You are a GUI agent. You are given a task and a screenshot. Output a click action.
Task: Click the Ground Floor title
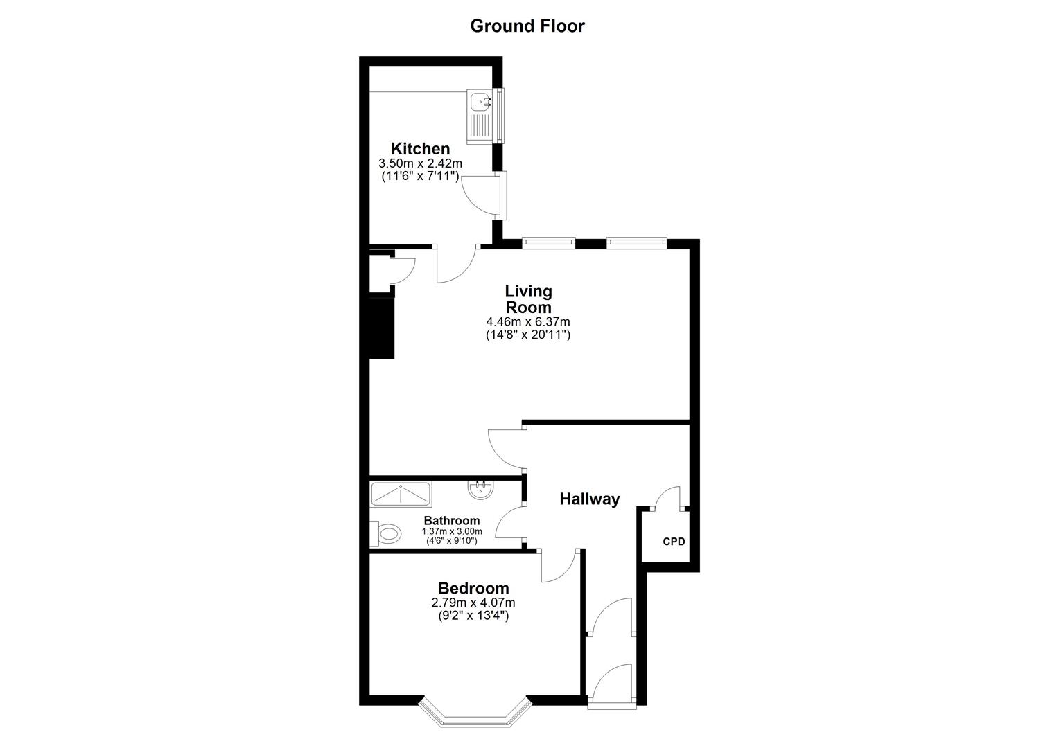pyautogui.click(x=527, y=26)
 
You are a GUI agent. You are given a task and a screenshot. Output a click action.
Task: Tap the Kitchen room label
pyautogui.click(x=420, y=149)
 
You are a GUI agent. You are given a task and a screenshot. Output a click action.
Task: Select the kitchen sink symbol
pyautogui.click(x=479, y=115)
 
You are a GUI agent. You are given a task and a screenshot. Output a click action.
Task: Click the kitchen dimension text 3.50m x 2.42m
pyautogui.click(x=420, y=163)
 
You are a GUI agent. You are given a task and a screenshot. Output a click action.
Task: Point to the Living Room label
pyautogui.click(x=528, y=299)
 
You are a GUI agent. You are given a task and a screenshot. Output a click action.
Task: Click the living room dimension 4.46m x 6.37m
pyautogui.click(x=528, y=322)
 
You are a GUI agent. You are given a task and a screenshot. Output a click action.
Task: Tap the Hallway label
pyautogui.click(x=589, y=499)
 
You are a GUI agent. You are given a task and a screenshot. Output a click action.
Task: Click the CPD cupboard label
pyautogui.click(x=674, y=542)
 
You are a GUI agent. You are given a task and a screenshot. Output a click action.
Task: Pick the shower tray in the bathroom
pyautogui.click(x=401, y=494)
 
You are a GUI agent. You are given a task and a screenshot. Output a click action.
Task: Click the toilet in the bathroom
pyautogui.click(x=387, y=533)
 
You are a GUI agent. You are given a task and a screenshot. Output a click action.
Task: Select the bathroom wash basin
pyautogui.click(x=481, y=490)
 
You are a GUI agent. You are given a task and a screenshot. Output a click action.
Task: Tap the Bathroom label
pyautogui.click(x=452, y=521)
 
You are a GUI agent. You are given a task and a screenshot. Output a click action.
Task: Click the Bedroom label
pyautogui.click(x=473, y=589)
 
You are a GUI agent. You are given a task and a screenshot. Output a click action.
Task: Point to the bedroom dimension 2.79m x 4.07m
pyautogui.click(x=473, y=603)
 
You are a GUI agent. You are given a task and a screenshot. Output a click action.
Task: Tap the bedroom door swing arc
pyautogui.click(x=557, y=567)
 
